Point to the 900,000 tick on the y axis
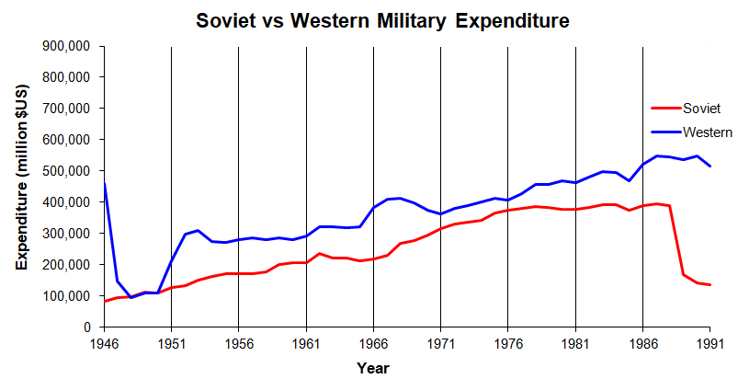click(66, 46)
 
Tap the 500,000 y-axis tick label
click(66, 171)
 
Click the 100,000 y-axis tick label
click(66, 295)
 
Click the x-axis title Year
click(372, 367)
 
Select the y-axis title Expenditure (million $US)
click(22, 187)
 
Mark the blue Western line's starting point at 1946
click(104, 183)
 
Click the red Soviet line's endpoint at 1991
click(710, 285)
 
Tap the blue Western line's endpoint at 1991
click(710, 167)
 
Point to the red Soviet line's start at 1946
click(104, 301)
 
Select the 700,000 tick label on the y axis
click(66, 109)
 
